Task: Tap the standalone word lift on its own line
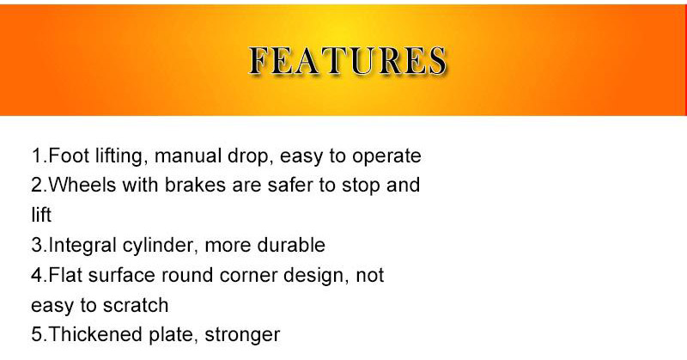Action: pos(41,216)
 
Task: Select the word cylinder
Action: pos(165,246)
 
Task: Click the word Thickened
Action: pos(93,334)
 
